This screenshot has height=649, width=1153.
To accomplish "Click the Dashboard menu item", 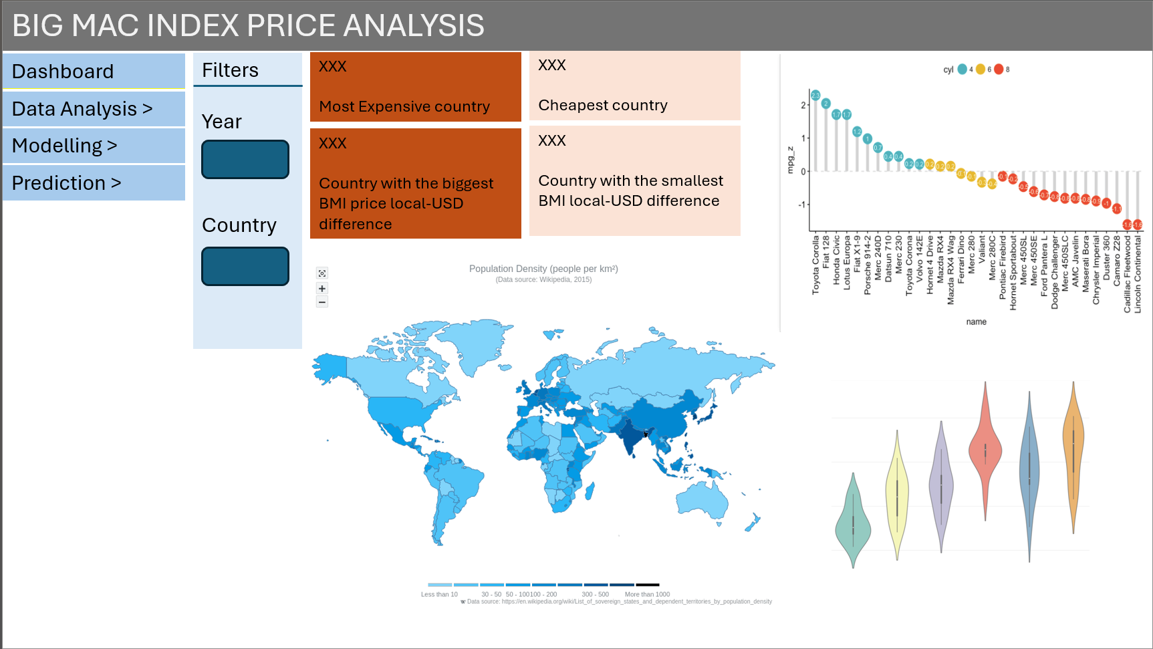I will [x=94, y=71].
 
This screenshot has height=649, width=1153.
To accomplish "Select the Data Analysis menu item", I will [x=94, y=108].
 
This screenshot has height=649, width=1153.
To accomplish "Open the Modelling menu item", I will [x=94, y=145].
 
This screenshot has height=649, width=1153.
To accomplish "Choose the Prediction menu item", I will [x=94, y=182].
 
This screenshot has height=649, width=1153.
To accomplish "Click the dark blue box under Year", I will [x=245, y=159].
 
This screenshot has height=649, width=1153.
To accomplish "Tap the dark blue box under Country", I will [x=245, y=266].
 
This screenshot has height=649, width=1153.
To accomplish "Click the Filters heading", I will [x=231, y=70].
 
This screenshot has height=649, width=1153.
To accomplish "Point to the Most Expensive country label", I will [x=404, y=106].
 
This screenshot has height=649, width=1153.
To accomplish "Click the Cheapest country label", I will [x=603, y=105].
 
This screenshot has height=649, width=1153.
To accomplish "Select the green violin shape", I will [x=853, y=525].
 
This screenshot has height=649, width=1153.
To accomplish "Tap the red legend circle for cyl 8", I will [x=999, y=69].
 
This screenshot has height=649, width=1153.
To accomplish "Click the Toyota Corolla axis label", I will [x=815, y=265].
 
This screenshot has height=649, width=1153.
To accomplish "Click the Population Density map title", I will [x=543, y=269].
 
